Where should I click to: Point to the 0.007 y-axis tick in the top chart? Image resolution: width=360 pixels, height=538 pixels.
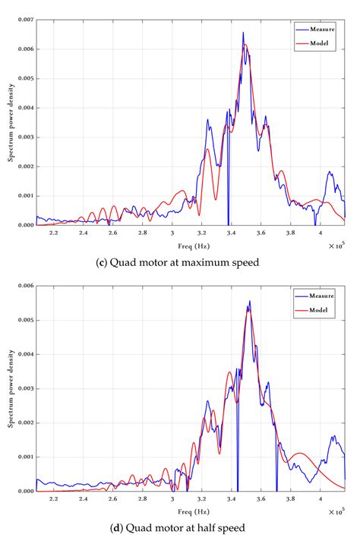pyautogui.click(x=24, y=20)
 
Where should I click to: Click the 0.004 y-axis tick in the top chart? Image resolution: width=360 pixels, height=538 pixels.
pyautogui.click(x=24, y=108)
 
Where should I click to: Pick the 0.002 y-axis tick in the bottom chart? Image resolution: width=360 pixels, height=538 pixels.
pyautogui.click(x=24, y=422)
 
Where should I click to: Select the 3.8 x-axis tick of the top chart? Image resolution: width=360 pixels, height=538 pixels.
pyautogui.click(x=291, y=233)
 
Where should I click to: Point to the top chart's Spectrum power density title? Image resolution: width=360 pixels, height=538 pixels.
pyautogui.click(x=11, y=122)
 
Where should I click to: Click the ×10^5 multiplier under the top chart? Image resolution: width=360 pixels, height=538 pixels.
pyautogui.click(x=336, y=245)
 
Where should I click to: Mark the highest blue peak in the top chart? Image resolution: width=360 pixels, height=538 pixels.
pyautogui.click(x=243, y=33)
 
